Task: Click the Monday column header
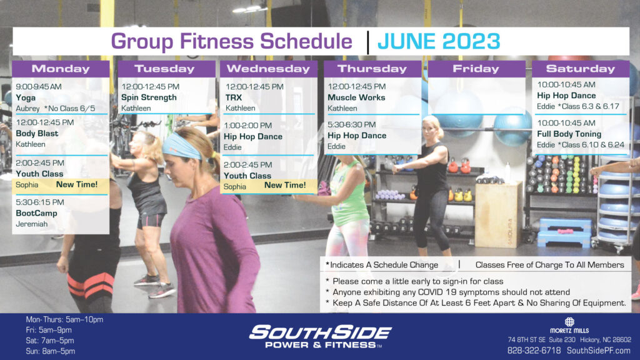(61, 69)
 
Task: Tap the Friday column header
(476, 69)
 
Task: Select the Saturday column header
(581, 69)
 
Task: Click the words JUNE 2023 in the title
(439, 41)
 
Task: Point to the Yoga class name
(26, 98)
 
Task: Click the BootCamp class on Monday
(36, 213)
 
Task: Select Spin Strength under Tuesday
(149, 97)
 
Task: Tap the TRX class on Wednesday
(234, 97)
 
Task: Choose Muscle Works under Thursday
(356, 97)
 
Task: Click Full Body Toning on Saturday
(569, 134)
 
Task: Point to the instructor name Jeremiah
(32, 224)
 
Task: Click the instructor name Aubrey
(27, 109)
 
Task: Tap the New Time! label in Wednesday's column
(285, 185)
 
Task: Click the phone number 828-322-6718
(534, 351)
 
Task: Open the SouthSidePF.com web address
(598, 351)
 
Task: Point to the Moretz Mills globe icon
(569, 322)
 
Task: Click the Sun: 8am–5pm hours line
(50, 351)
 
